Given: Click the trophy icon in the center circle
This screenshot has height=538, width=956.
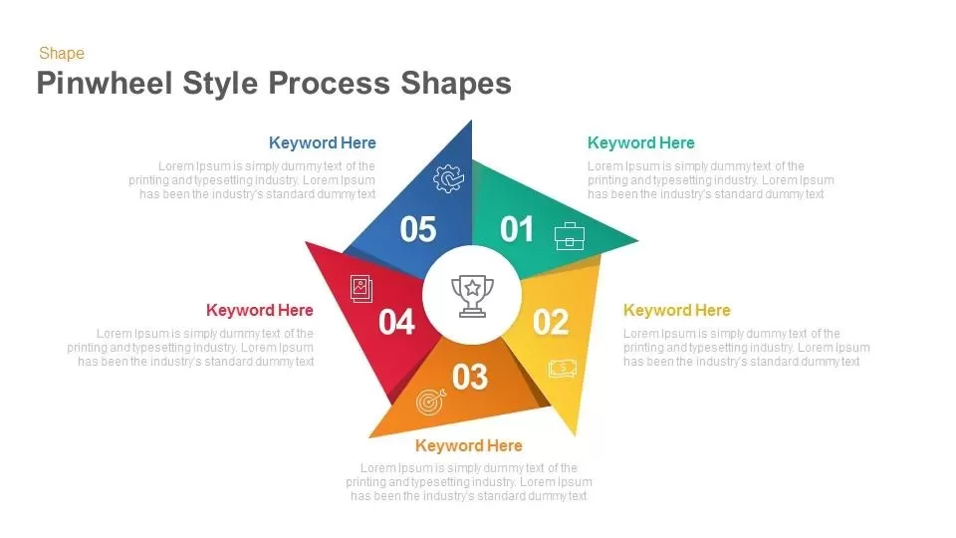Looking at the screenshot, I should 472,296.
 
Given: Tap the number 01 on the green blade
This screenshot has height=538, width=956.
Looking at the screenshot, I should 517,230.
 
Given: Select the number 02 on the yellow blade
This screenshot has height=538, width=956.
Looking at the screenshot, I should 550,322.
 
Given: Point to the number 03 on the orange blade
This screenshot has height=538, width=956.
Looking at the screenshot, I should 470,377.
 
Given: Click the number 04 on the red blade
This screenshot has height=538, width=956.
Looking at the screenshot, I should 396,323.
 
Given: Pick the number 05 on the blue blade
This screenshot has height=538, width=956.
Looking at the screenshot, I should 418,230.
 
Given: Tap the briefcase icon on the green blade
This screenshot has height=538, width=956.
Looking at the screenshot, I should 570,236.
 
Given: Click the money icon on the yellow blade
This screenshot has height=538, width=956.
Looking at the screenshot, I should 562,369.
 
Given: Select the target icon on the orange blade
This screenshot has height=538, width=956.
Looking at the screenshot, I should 430,402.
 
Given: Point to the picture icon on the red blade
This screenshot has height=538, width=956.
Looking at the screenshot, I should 360,289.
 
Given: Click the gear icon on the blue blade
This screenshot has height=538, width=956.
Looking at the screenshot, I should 448,178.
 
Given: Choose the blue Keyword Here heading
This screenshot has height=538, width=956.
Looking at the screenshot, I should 323,143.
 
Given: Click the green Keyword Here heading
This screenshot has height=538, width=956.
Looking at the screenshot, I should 640,143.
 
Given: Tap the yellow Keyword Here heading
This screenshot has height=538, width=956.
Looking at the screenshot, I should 676,311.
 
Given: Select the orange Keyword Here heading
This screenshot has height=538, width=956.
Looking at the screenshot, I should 468,445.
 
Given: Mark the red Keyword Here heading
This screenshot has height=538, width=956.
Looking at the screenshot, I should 260,311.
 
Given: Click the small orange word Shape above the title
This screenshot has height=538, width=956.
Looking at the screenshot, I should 62,54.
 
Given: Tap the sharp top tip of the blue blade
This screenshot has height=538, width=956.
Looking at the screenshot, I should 471,123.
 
